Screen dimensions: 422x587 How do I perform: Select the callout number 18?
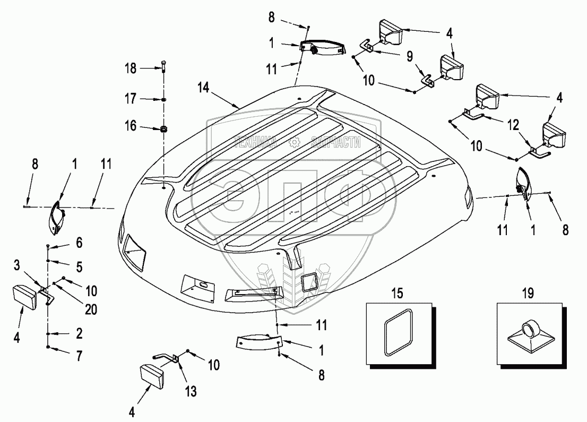pyautogui.click(x=131, y=68)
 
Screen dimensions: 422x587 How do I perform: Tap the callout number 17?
pyautogui.click(x=131, y=99)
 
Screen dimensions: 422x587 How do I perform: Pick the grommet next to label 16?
pyautogui.click(x=164, y=128)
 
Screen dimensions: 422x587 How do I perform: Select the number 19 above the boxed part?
pyautogui.click(x=528, y=293)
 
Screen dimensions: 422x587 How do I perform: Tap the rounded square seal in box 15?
pyautogui.click(x=399, y=333)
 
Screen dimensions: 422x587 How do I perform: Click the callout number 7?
pyautogui.click(x=79, y=355)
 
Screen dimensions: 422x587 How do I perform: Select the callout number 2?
pyautogui.click(x=79, y=333)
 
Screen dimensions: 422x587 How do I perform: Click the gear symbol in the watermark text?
pyautogui.click(x=293, y=142)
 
